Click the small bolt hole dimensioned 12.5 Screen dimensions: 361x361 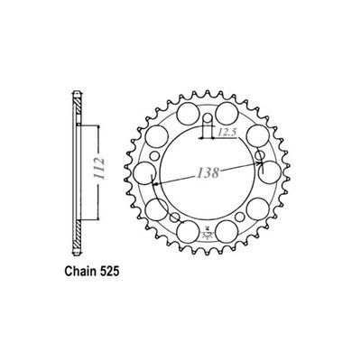[x=207, y=119]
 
